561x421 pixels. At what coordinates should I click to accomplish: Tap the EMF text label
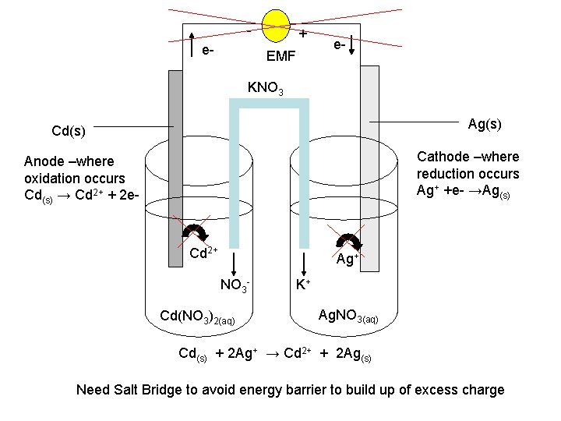(x=280, y=56)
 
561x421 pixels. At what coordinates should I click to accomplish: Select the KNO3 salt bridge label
(x=265, y=87)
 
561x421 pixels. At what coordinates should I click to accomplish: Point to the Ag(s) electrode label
(x=485, y=124)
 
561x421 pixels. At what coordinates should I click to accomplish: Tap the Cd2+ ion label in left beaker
(x=205, y=253)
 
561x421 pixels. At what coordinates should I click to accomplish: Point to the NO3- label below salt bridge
(x=235, y=285)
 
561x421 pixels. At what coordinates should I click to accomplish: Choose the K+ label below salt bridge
(x=302, y=285)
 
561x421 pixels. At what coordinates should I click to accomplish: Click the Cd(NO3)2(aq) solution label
(x=196, y=317)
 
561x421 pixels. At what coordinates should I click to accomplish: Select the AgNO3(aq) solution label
(x=348, y=316)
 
